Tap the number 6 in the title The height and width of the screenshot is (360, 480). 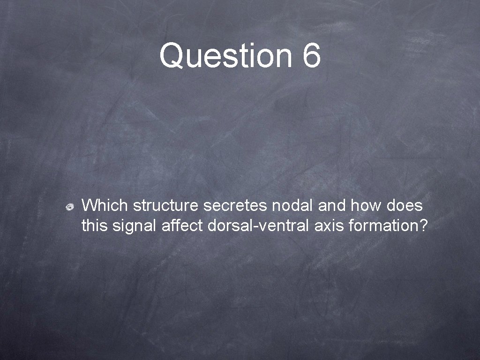(x=312, y=55)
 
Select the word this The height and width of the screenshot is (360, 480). (x=95, y=226)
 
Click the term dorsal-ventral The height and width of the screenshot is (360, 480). (x=258, y=226)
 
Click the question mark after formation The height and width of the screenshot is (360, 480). (x=423, y=226)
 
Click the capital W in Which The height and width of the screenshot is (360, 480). (x=90, y=205)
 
